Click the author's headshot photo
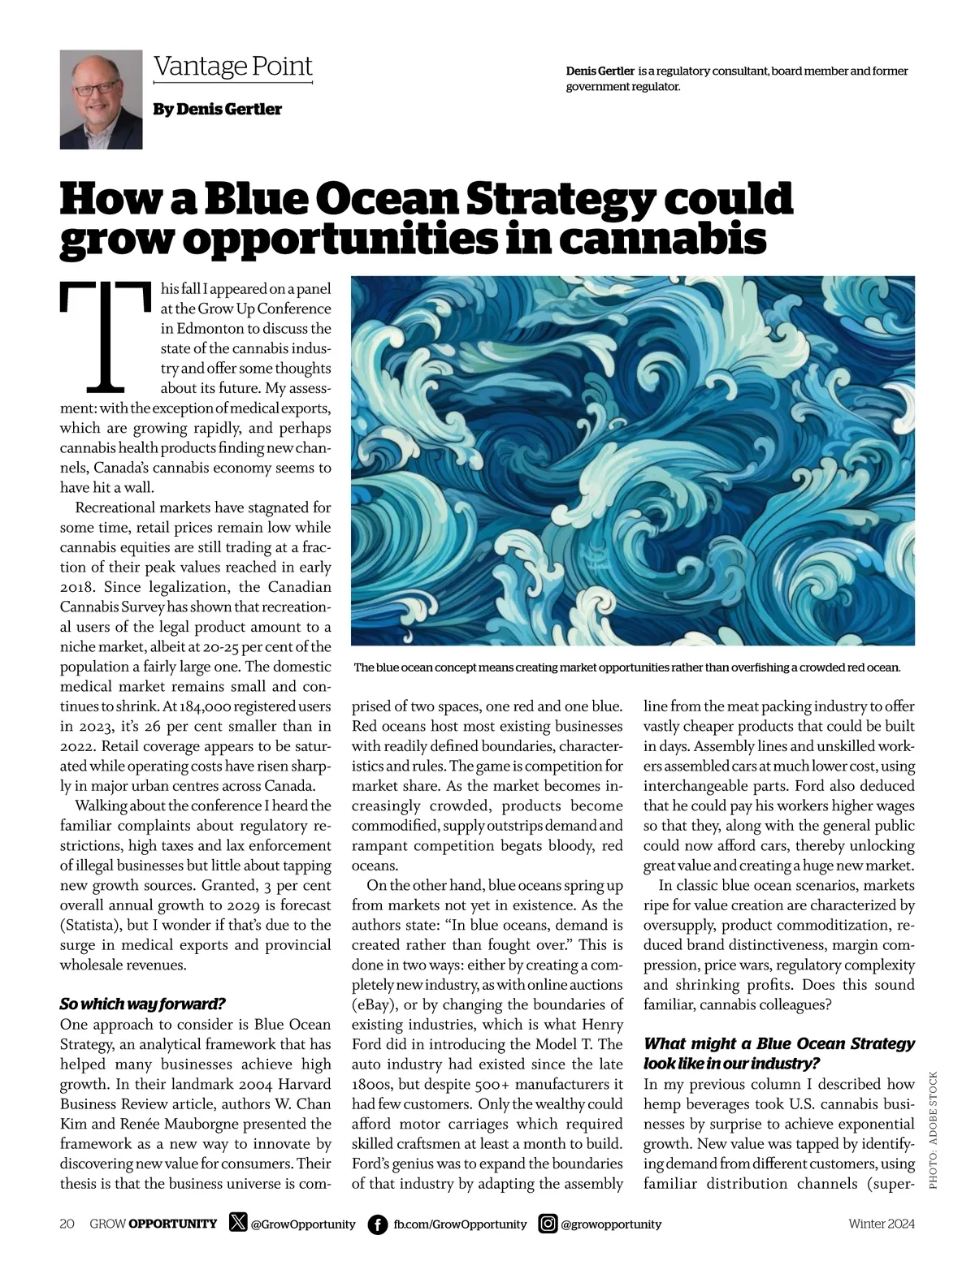(101, 100)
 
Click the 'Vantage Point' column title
(232, 66)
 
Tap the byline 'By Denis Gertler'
(217, 109)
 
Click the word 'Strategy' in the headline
(550, 199)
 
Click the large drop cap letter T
(106, 335)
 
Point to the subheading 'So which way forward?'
(142, 1004)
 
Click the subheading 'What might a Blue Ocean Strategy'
(778, 1043)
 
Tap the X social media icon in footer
(238, 1223)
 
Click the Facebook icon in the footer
(377, 1224)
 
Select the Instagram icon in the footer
(548, 1224)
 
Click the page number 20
(67, 1224)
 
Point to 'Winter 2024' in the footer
(882, 1224)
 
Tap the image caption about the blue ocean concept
(626, 667)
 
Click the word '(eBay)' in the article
(373, 1004)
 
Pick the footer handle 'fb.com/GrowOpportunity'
(460, 1224)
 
